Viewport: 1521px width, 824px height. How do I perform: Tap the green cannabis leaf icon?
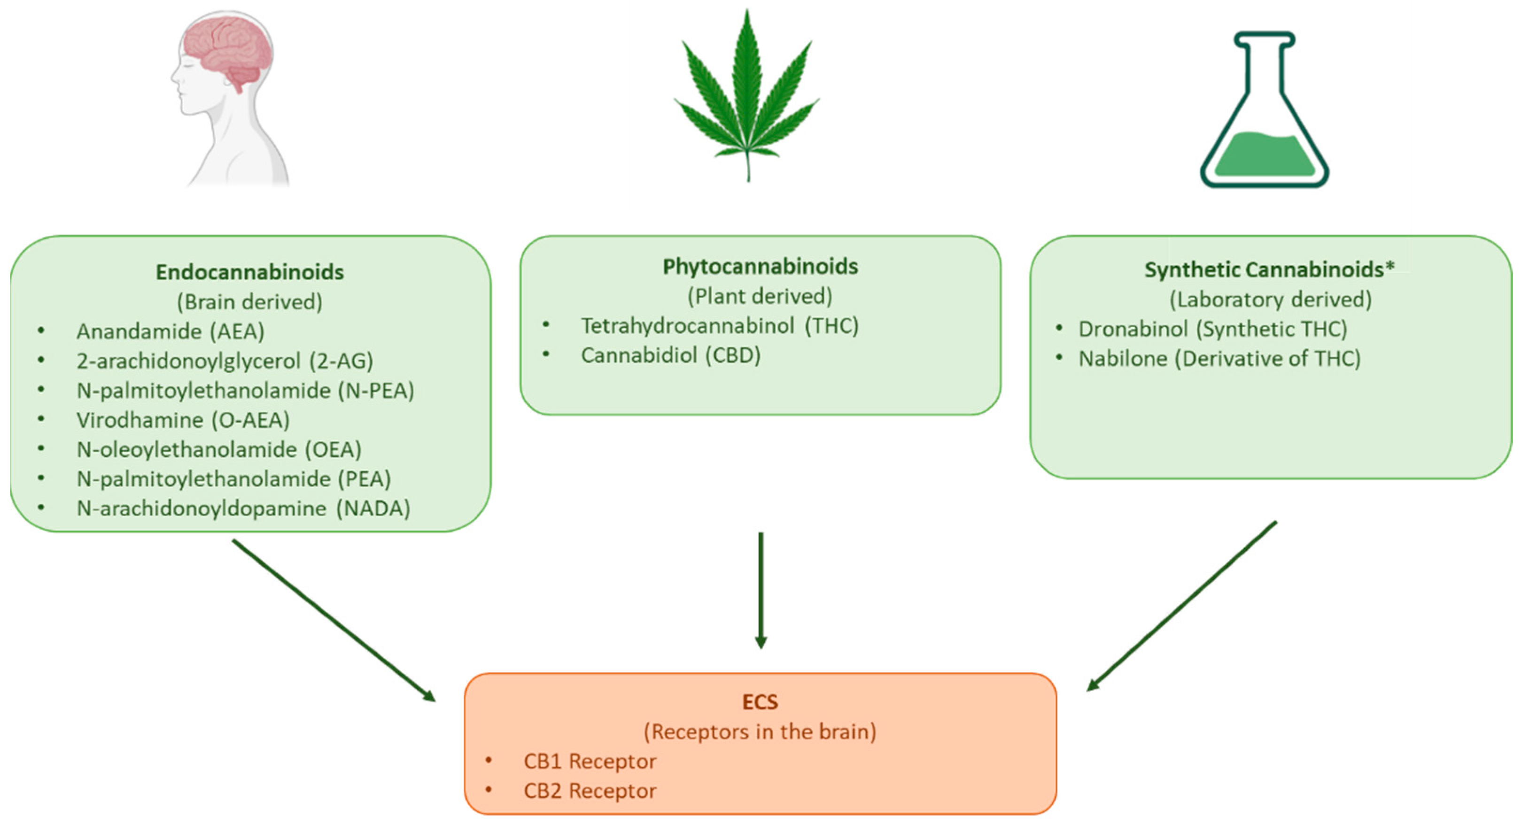[x=747, y=100]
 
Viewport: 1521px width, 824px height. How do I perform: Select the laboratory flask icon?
[x=1264, y=118]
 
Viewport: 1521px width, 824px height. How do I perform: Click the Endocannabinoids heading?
[x=250, y=272]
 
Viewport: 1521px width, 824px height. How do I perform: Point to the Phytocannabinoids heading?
[x=760, y=267]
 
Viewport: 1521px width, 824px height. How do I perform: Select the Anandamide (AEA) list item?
[x=170, y=331]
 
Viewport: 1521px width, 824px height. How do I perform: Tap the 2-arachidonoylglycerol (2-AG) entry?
[x=225, y=361]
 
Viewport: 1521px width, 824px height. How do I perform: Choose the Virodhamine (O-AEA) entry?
[x=183, y=420]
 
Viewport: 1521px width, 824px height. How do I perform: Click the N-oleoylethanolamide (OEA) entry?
[x=218, y=449]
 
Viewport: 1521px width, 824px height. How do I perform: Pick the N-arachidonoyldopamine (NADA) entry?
[x=243, y=508]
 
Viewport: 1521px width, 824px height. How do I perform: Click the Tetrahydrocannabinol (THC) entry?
[x=719, y=325]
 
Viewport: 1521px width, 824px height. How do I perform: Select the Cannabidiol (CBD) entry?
[x=671, y=355]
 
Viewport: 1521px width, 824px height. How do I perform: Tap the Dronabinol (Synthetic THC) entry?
[x=1213, y=329]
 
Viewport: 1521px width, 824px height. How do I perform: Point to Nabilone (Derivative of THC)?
[x=1219, y=358]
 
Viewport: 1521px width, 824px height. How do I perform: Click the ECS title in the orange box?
[x=760, y=702]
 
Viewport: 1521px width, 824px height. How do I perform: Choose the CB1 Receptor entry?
[x=589, y=762]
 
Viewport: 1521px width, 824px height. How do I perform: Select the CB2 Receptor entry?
[x=589, y=791]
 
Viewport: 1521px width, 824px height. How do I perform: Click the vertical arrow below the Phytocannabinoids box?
[x=760, y=590]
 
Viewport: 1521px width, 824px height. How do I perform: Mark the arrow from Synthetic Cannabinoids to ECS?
[x=1181, y=606]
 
